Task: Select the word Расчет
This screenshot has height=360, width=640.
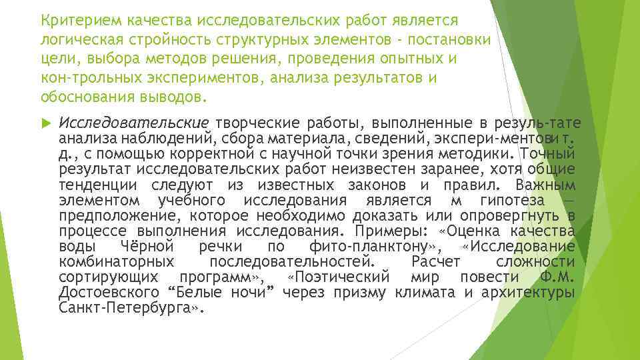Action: (x=435, y=261)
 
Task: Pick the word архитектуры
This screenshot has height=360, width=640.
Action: (x=531, y=293)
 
